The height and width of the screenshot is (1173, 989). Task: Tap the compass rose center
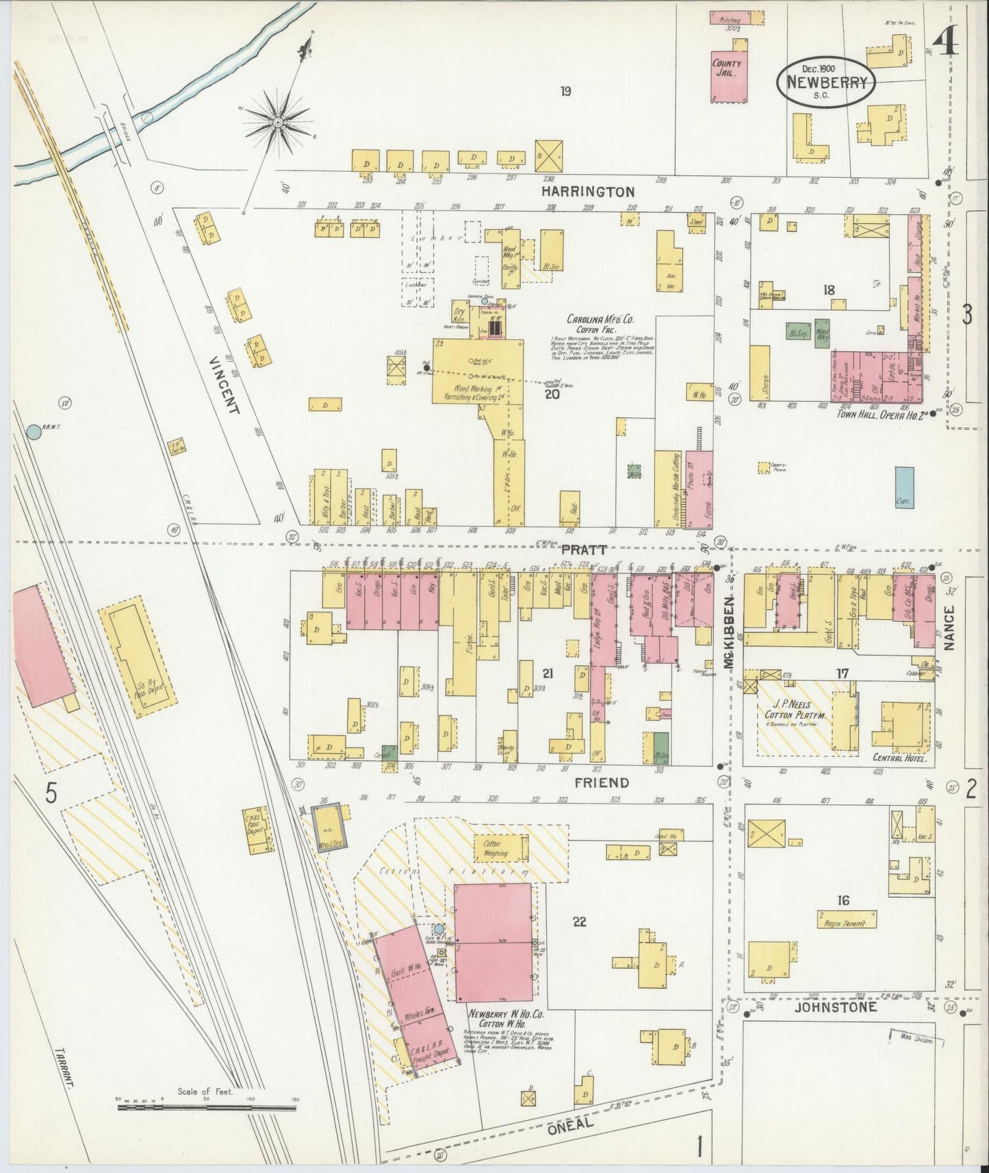coord(278,123)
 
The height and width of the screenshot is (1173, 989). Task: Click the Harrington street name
coord(587,192)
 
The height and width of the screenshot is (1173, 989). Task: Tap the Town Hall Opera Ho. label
coord(875,414)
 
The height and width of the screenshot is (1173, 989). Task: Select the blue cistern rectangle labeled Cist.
coord(904,488)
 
